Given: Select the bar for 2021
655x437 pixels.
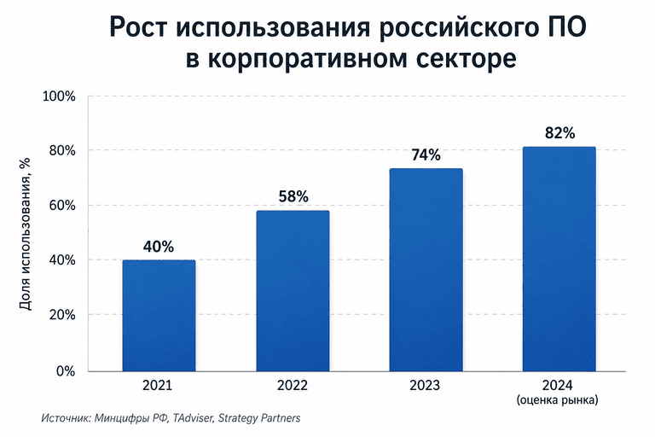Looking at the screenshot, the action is point(159,316).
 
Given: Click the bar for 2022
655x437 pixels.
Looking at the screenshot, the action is point(293,291).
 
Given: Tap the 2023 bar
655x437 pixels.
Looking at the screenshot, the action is point(426,270).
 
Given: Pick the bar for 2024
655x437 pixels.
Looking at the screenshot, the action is point(559,259).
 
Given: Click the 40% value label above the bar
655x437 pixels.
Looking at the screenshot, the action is point(159,247).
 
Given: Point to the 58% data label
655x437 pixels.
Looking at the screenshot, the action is point(293,196).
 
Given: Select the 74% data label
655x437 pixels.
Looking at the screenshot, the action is point(426,155).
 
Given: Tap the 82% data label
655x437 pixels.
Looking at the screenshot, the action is point(560,133).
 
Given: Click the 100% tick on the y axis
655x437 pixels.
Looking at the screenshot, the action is point(60,96).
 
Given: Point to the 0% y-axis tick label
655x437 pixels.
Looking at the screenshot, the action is point(66,371).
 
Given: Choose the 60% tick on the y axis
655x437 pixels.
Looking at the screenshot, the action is point(62,206).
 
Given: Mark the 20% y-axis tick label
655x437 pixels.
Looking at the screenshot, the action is point(62,314).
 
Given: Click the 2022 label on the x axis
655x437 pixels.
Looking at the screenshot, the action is point(293,385).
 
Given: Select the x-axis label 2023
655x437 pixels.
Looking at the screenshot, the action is point(425,385).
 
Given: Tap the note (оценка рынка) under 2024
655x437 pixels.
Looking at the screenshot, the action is point(558,400).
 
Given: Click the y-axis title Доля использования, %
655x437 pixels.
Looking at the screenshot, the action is point(26,234).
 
